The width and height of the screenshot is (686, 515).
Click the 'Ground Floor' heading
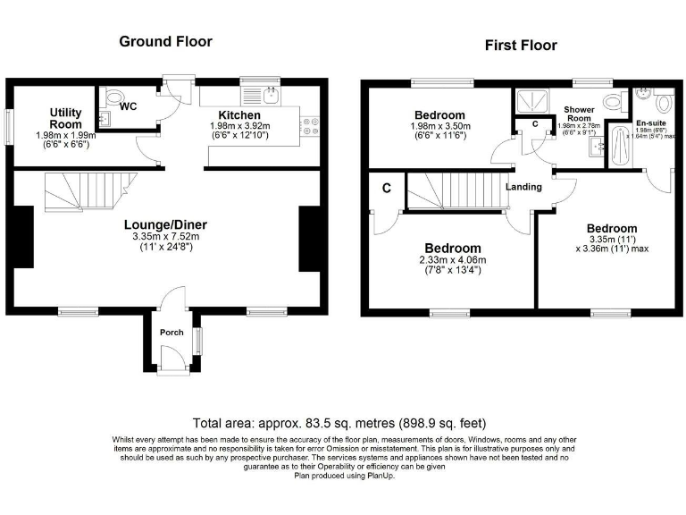[x=165, y=41]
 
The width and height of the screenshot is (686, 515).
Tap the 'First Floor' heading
[x=520, y=45]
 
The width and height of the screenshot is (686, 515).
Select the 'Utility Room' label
[x=65, y=118]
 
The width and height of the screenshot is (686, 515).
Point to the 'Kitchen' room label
[x=239, y=115]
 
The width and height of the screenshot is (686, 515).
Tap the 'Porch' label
[x=171, y=333]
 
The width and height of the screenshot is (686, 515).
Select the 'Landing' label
[x=523, y=187]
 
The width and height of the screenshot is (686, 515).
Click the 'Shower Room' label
[x=578, y=115]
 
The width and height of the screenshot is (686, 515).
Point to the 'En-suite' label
[x=649, y=122]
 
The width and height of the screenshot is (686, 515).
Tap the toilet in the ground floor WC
[x=113, y=96]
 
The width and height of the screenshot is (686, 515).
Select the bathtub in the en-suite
[x=619, y=144]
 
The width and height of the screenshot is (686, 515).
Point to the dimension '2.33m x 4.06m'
[x=453, y=260]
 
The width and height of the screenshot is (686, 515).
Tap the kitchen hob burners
[x=311, y=128]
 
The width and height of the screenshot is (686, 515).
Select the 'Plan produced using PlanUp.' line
[x=344, y=476]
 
